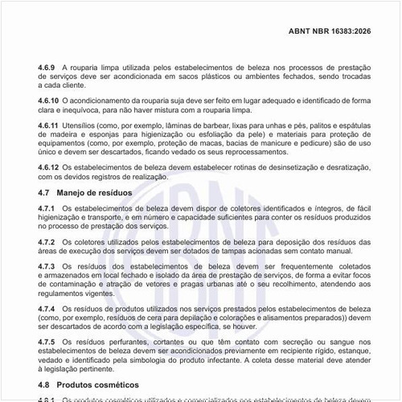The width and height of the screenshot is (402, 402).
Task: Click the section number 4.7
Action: coord(45,194)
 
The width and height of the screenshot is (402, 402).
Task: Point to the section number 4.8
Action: coord(45,384)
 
